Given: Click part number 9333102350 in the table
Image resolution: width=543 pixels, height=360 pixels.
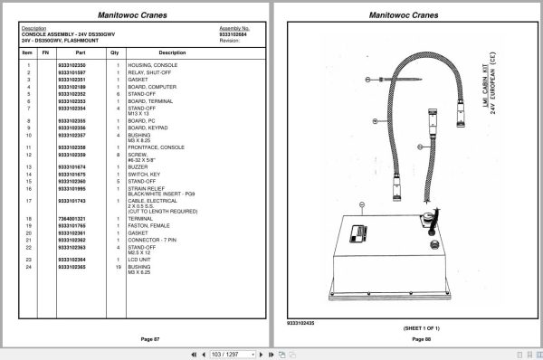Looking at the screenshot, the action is pos(71,65).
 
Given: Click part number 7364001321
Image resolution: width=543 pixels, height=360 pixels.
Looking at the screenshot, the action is pos(71,219).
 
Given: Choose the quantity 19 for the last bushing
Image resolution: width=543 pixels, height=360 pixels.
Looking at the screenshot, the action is pos(117,267).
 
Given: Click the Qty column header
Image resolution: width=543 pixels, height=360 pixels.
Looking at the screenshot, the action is pos(115,52).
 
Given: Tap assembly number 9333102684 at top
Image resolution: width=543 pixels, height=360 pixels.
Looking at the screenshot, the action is pos(234,34).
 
